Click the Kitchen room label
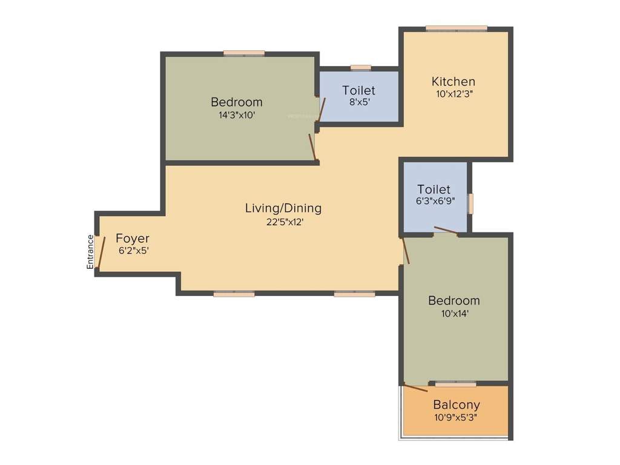coord(453,81)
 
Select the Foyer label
coord(133,239)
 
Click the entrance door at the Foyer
coord(101,252)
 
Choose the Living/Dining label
coord(283,208)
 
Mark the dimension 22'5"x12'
coord(283,222)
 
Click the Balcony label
coord(456,405)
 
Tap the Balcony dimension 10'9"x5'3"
coord(456,417)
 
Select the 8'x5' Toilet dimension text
coord(358,102)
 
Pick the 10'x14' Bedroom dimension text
coord(453,314)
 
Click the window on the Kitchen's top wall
coord(456,28)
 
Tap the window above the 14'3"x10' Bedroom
coord(244,53)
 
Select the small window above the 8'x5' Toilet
coord(361,68)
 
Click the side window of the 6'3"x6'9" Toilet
coord(470,203)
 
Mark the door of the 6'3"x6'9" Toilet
coord(446,231)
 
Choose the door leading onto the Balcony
coord(417,388)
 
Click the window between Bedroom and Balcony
coord(455,383)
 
